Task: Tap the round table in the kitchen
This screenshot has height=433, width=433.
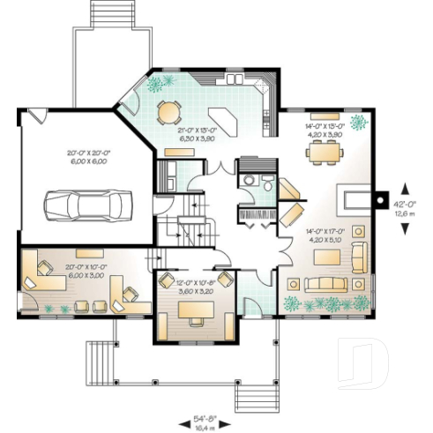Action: [x=167, y=111]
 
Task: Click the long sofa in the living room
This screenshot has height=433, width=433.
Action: [x=318, y=284]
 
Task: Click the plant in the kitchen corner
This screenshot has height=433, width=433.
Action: [x=157, y=85]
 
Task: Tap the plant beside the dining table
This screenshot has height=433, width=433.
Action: [x=358, y=121]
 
